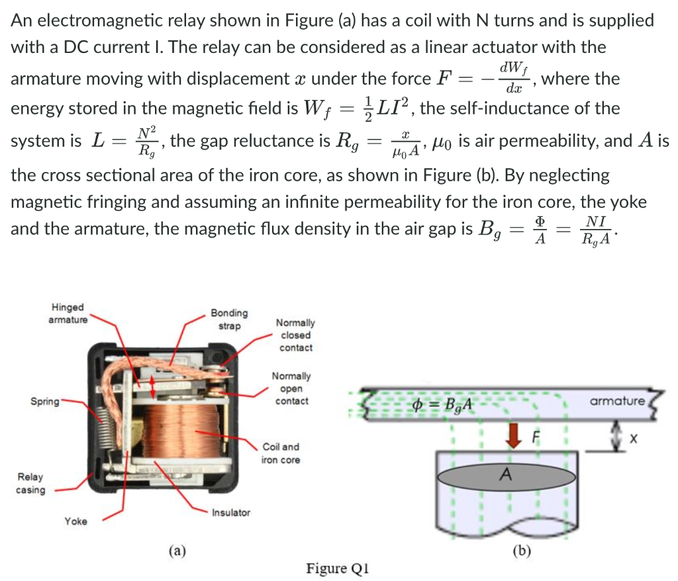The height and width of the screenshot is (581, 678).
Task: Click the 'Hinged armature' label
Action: [x=68, y=314]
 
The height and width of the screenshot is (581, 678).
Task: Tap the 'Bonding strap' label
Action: [x=229, y=319]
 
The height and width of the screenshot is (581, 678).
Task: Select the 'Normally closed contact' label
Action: [x=295, y=335]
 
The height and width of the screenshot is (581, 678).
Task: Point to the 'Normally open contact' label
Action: [x=291, y=388]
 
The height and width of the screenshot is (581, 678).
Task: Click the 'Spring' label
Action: [x=44, y=401]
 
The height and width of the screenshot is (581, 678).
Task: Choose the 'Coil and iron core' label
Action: [x=281, y=453]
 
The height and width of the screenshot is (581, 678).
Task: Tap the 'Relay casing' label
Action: [x=30, y=483]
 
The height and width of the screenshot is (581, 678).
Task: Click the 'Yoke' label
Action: [x=75, y=521]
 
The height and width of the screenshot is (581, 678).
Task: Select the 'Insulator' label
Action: [x=231, y=513]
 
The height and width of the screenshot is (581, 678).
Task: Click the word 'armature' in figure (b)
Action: [x=615, y=401]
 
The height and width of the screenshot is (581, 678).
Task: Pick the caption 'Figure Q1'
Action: [x=337, y=568]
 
